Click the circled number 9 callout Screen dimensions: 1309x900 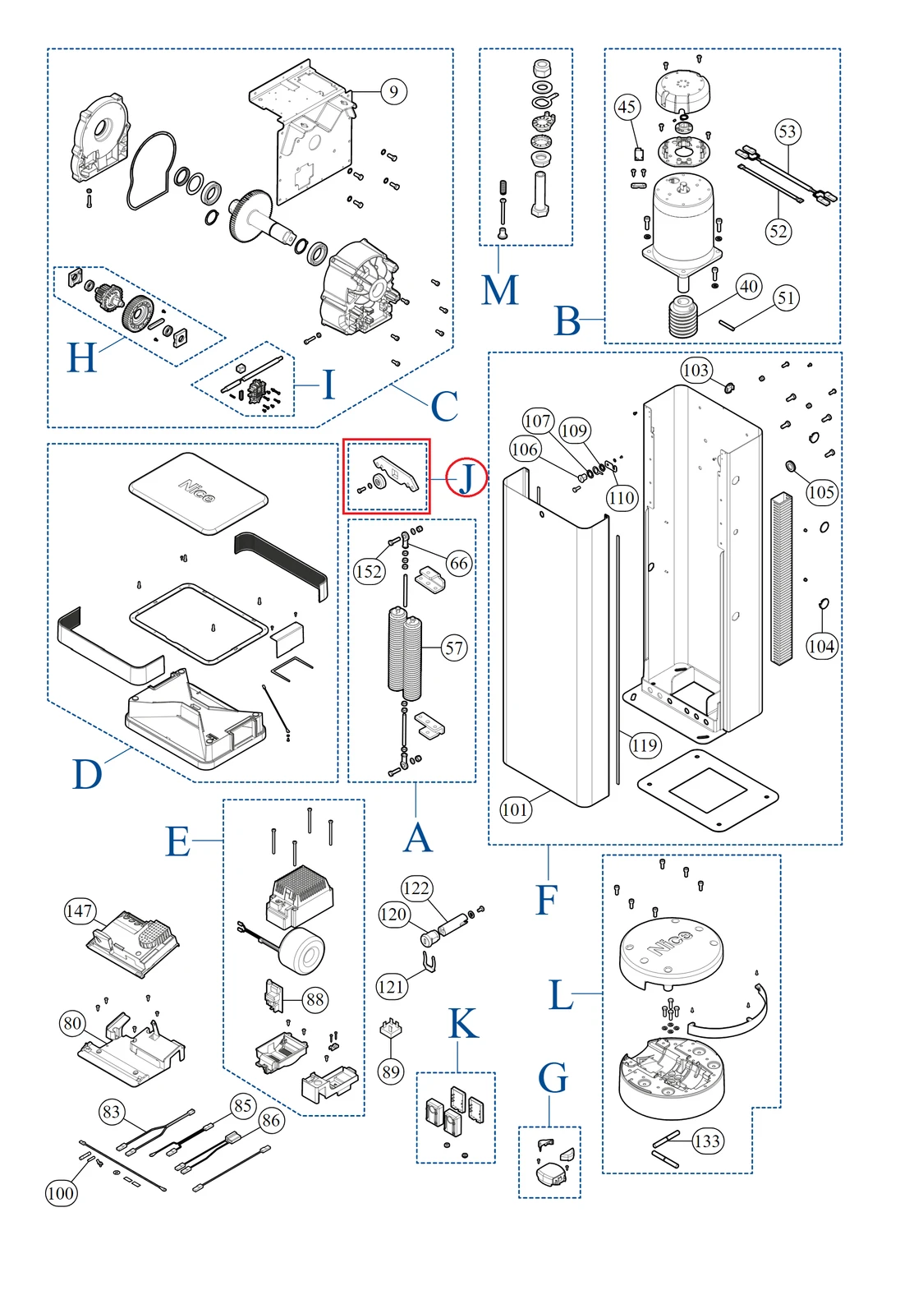394,91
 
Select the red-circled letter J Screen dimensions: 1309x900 466,477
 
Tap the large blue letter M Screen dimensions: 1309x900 500,290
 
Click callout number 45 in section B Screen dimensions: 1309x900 627,107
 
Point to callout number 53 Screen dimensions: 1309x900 787,131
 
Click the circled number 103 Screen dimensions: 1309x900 696,371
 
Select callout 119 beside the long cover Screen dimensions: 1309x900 645,745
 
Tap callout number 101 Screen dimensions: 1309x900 516,809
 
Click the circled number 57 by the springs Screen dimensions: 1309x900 455,648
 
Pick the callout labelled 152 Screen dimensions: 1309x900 369,571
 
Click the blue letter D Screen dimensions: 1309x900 87,775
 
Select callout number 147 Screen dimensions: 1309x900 80,910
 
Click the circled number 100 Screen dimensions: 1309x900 61,1193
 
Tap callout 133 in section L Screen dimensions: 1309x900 707,1141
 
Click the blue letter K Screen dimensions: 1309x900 463,1025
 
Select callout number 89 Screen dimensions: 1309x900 391,1072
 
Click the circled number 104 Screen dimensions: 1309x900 821,646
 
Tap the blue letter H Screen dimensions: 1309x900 81,358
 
